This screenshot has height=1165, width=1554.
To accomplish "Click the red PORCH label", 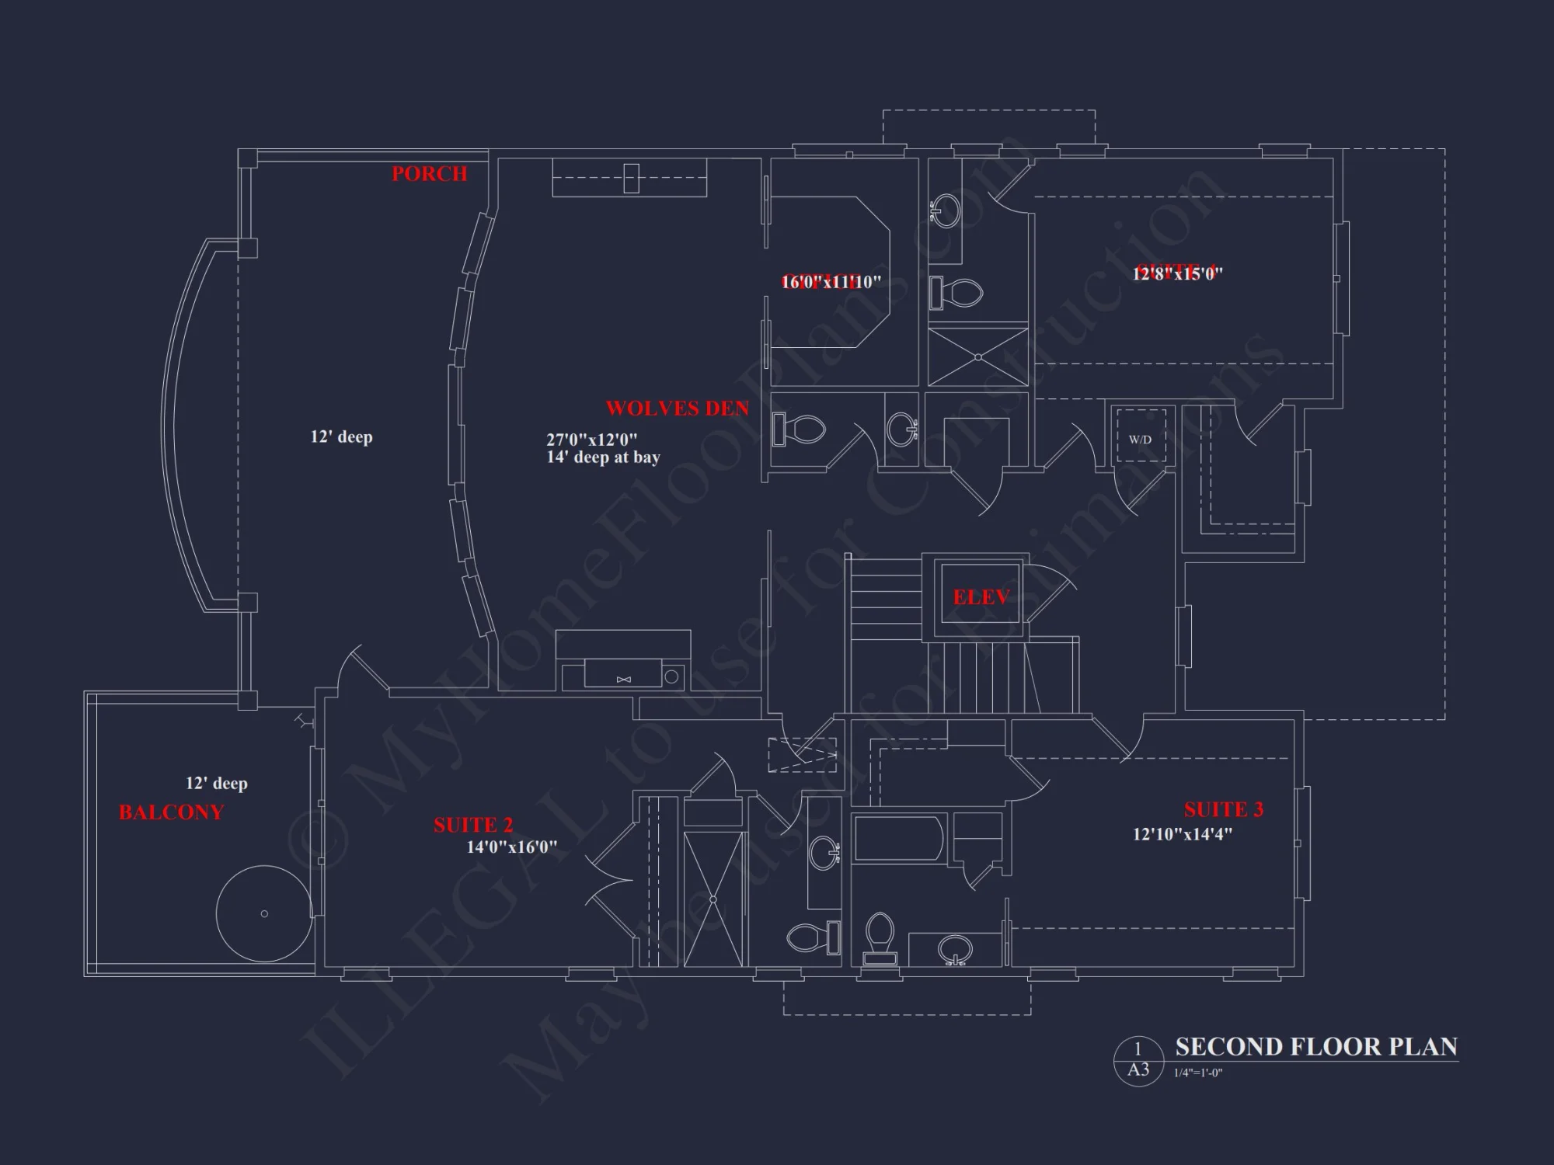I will (429, 174).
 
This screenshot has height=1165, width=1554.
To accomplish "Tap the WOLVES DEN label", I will (677, 409).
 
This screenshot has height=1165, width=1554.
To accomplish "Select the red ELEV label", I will (981, 597).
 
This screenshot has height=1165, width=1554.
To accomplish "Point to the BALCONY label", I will (171, 812).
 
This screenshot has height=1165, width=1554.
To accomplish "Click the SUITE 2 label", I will (472, 825).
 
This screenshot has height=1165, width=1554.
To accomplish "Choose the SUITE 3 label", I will (1223, 810).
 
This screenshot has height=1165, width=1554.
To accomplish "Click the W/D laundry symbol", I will (1140, 440).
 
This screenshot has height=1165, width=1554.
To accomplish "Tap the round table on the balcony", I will (264, 913).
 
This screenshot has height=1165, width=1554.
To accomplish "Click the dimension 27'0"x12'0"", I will (591, 440).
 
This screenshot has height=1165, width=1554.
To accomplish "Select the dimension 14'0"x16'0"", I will (511, 847).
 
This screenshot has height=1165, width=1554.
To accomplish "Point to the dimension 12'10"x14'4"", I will (1182, 835).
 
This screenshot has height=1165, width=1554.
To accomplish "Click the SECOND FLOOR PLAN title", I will (1315, 1047).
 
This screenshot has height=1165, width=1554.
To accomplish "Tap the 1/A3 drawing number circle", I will (1138, 1060).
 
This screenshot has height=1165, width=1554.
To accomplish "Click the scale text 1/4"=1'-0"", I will (1197, 1073).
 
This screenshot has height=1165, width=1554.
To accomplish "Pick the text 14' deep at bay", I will (603, 457).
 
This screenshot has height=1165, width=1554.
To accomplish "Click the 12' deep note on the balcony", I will (216, 784).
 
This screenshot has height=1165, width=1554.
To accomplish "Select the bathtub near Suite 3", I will (898, 839).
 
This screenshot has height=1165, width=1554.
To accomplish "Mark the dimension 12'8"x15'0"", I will (1177, 273).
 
